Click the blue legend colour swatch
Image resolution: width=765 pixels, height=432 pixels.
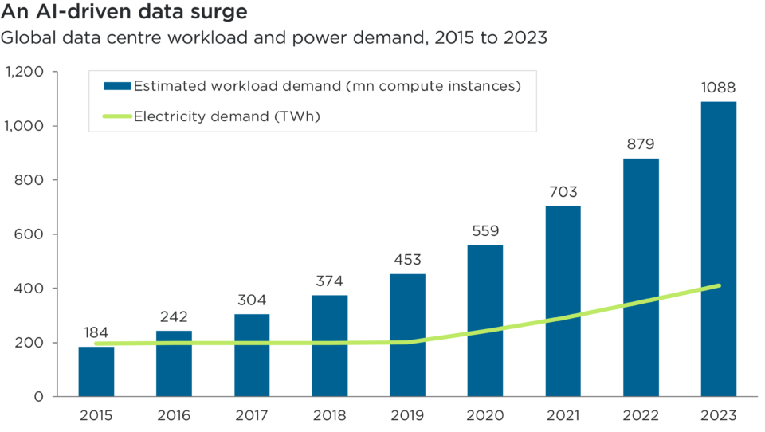tap(119, 86)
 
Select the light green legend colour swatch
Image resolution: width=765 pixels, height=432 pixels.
tap(118, 117)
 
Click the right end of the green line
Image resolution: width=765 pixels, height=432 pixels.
tap(719, 285)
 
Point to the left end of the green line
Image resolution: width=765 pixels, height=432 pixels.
tap(96, 344)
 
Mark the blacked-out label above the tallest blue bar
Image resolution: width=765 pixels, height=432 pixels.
tap(732, 89)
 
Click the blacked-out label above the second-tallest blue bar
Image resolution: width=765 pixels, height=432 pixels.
tap(663, 147)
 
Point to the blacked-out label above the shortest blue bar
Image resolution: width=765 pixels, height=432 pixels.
tap(120, 335)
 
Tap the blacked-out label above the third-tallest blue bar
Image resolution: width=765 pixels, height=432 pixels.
tap(586, 195)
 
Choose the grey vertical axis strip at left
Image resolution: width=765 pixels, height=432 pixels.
tap(69, 239)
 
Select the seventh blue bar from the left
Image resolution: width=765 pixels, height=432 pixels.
tap(563, 263)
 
